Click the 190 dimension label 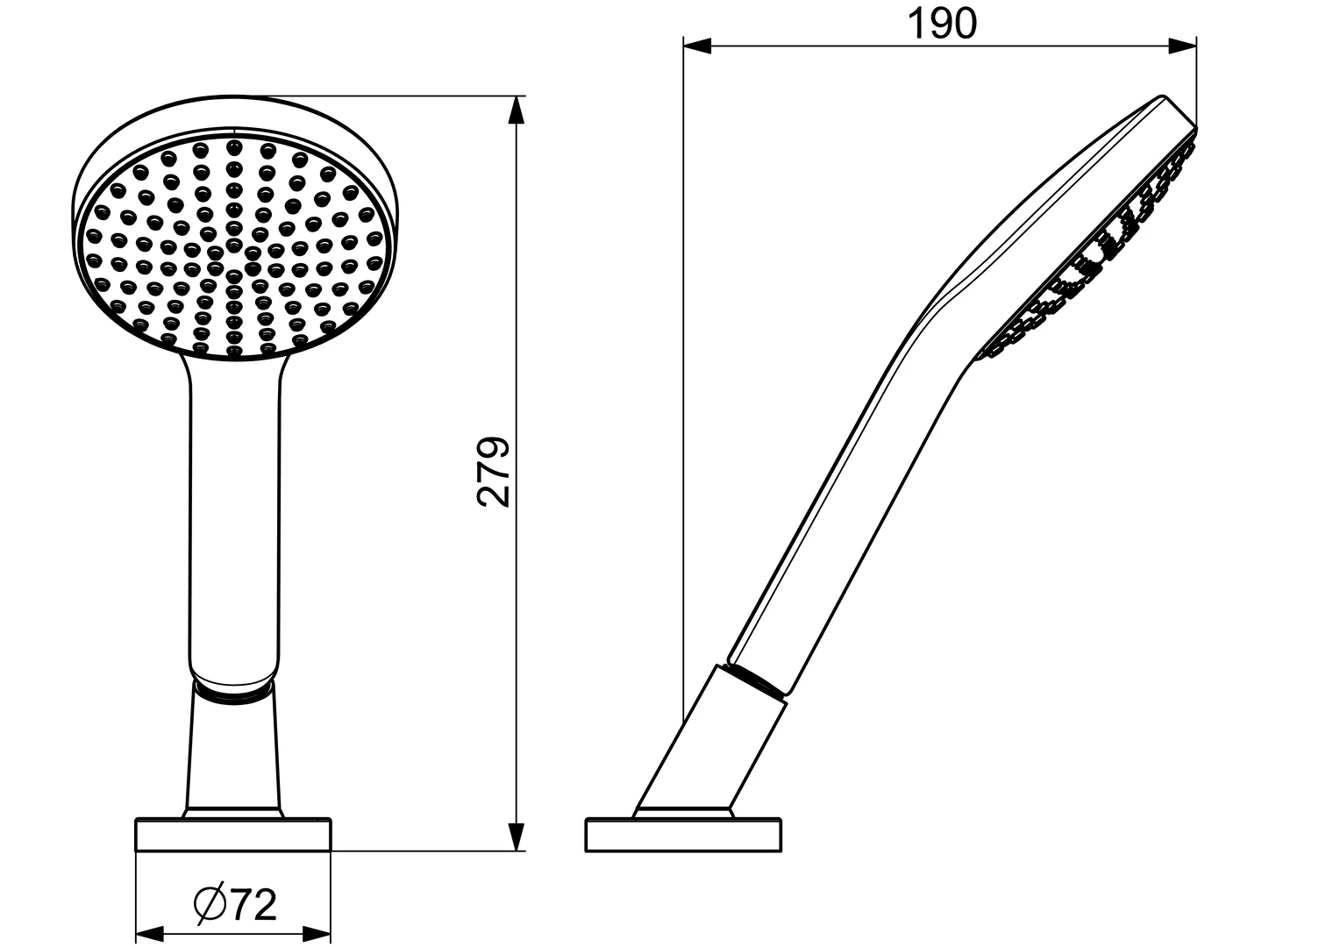point(940,25)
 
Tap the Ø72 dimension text point(234,904)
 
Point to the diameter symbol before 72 point(210,904)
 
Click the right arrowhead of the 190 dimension point(1183,46)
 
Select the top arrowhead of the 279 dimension point(517,110)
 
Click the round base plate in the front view point(233,835)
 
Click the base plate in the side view point(683,835)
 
